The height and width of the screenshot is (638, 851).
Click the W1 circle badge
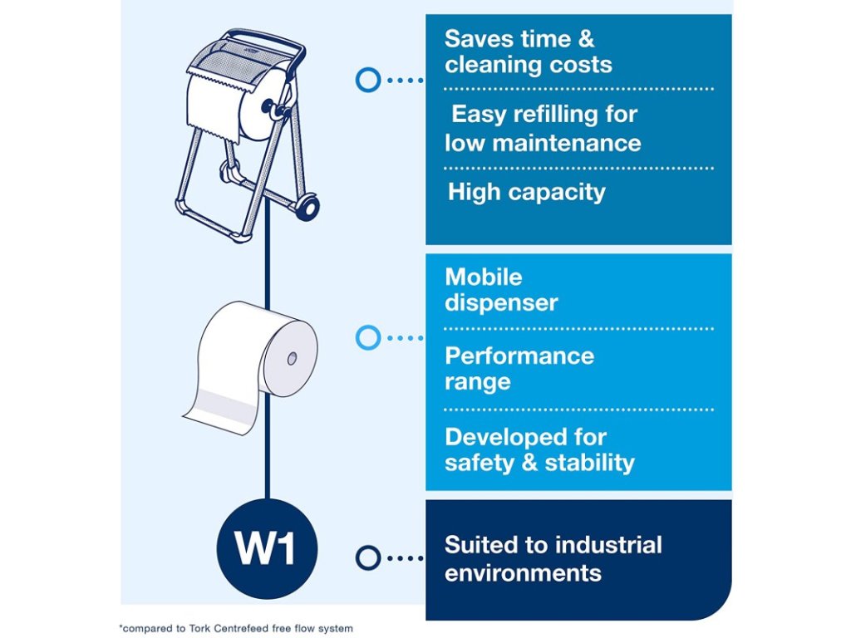point(265,549)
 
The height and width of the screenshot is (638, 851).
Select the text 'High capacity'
point(526,192)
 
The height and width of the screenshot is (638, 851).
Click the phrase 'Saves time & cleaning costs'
point(528,52)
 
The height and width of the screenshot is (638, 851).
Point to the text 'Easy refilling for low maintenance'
point(543,128)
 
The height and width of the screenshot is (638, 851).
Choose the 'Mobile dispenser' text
point(500,289)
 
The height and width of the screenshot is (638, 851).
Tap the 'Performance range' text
point(519,369)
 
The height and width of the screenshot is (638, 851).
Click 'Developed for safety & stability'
point(539,449)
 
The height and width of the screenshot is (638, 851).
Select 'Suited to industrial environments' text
point(553,558)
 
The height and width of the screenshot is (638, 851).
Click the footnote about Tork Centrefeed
point(236,628)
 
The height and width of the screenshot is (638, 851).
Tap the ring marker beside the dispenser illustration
point(367,80)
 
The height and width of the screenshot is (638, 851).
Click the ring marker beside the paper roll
point(367,337)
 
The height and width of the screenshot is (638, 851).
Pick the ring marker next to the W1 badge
point(367,557)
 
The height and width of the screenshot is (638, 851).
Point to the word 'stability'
point(589,463)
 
